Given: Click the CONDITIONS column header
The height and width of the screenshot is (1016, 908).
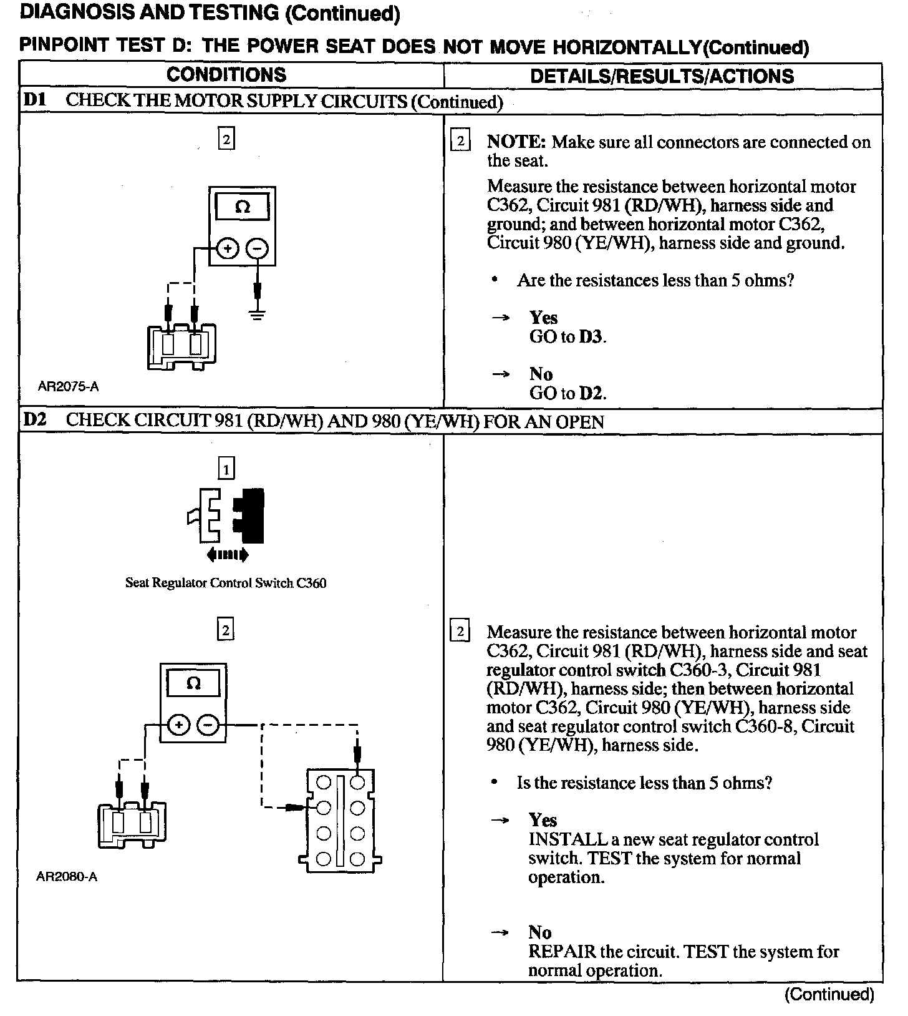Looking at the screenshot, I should point(226,75).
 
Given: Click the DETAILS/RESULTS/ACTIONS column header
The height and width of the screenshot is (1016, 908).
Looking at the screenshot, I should point(662,76).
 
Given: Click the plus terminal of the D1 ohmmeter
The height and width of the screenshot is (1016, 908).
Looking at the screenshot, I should point(227,249).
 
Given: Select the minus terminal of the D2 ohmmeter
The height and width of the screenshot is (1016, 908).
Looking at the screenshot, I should point(208,725).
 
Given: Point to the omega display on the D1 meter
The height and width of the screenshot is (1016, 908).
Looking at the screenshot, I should point(242,207).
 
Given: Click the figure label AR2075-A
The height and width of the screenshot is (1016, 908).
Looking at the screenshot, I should point(68,386).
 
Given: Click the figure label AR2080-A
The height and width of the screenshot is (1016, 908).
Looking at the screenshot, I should point(67,877).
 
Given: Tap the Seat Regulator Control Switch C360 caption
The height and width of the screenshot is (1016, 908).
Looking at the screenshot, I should point(226,584).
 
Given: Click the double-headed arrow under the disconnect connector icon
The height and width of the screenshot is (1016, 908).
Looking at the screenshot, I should point(228,554).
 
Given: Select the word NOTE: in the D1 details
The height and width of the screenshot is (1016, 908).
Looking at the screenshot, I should point(516,142).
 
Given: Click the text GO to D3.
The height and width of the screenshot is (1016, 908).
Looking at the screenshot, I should point(567,337).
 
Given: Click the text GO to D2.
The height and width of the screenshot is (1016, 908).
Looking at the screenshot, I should point(567,393).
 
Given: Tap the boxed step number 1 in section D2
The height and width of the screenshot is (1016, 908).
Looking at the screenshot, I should point(226,468).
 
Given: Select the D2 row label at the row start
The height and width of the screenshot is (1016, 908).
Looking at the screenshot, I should point(35,420).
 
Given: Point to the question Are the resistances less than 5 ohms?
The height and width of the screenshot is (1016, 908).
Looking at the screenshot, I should point(655,280).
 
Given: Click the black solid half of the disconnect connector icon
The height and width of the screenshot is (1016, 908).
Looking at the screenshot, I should point(251,515).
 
